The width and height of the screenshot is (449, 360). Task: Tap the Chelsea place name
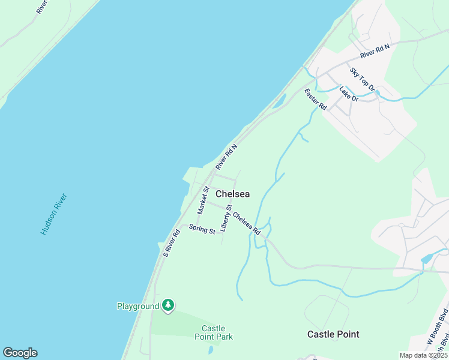(x=232, y=194)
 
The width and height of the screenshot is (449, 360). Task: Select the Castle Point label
(x=333, y=334)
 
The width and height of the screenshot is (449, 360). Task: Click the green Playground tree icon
(x=169, y=306)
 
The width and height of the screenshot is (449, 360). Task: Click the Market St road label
(x=203, y=200)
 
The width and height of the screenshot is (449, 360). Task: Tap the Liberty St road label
(x=226, y=218)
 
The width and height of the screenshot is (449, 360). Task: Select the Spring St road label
(x=202, y=229)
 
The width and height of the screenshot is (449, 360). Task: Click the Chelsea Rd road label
(x=247, y=223)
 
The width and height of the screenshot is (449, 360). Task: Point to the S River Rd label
(x=172, y=243)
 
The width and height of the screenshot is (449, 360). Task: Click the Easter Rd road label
(x=315, y=100)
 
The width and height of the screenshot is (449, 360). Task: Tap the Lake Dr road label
(x=348, y=94)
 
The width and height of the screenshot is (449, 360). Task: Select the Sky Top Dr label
(x=363, y=79)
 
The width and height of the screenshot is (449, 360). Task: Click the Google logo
(x=20, y=353)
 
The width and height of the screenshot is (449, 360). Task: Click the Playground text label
(x=137, y=306)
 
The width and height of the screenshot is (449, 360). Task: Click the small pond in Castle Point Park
(x=210, y=350)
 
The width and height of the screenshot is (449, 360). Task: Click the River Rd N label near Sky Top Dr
(x=375, y=51)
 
